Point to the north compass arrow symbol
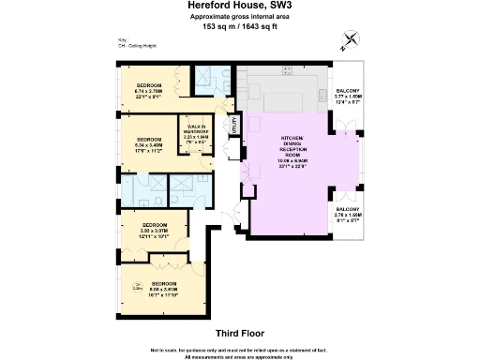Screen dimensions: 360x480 (x=351, y=38)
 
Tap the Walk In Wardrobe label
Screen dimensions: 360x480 (x=197, y=130)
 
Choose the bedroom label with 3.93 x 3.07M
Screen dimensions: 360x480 (x=155, y=232)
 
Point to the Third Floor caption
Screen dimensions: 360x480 (x=239, y=333)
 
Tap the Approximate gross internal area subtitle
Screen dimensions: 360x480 (x=239, y=17)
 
